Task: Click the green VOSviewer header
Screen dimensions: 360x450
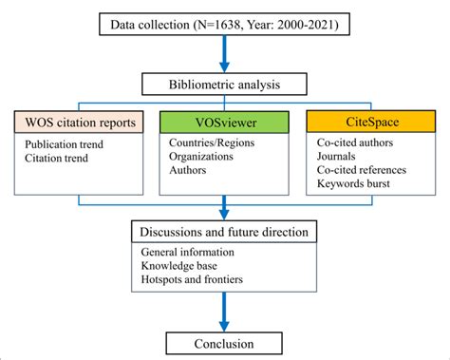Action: pos(226,124)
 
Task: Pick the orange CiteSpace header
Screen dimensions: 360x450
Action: pos(370,124)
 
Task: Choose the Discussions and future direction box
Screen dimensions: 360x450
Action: pos(224,232)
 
